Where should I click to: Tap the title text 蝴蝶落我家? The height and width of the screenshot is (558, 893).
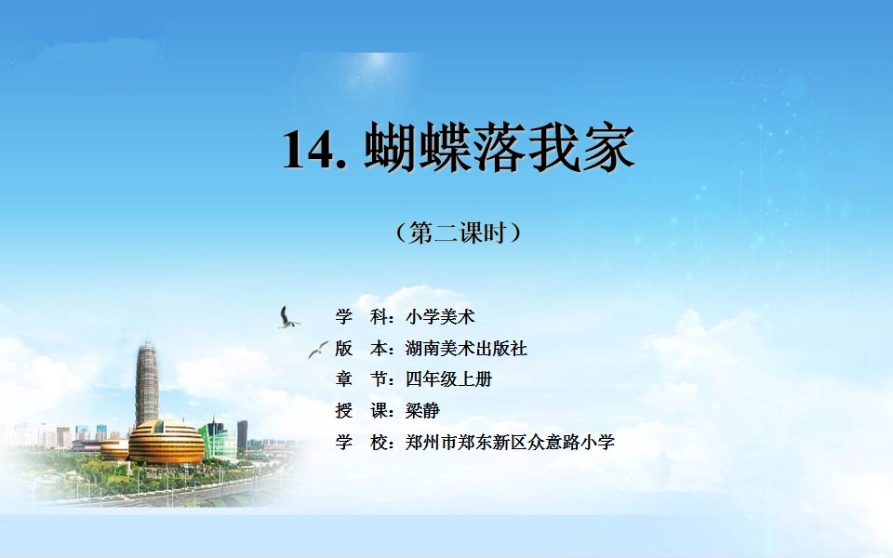(x=500, y=148)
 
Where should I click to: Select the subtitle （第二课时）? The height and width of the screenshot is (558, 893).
(x=458, y=232)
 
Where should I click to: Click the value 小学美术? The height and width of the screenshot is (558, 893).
(x=440, y=316)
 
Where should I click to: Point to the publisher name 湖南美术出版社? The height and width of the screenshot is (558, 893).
(x=466, y=348)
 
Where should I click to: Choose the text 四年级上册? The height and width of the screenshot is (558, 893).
(x=448, y=379)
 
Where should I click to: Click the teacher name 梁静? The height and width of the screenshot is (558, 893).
(x=422, y=410)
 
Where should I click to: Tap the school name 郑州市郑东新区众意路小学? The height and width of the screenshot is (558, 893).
(x=510, y=442)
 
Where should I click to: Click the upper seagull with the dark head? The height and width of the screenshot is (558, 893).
(x=287, y=318)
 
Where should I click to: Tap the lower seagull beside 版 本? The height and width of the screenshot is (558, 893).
(x=318, y=349)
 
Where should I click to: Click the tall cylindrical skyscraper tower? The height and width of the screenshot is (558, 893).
(x=147, y=384)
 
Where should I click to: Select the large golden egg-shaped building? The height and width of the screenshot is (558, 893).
(x=166, y=442)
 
